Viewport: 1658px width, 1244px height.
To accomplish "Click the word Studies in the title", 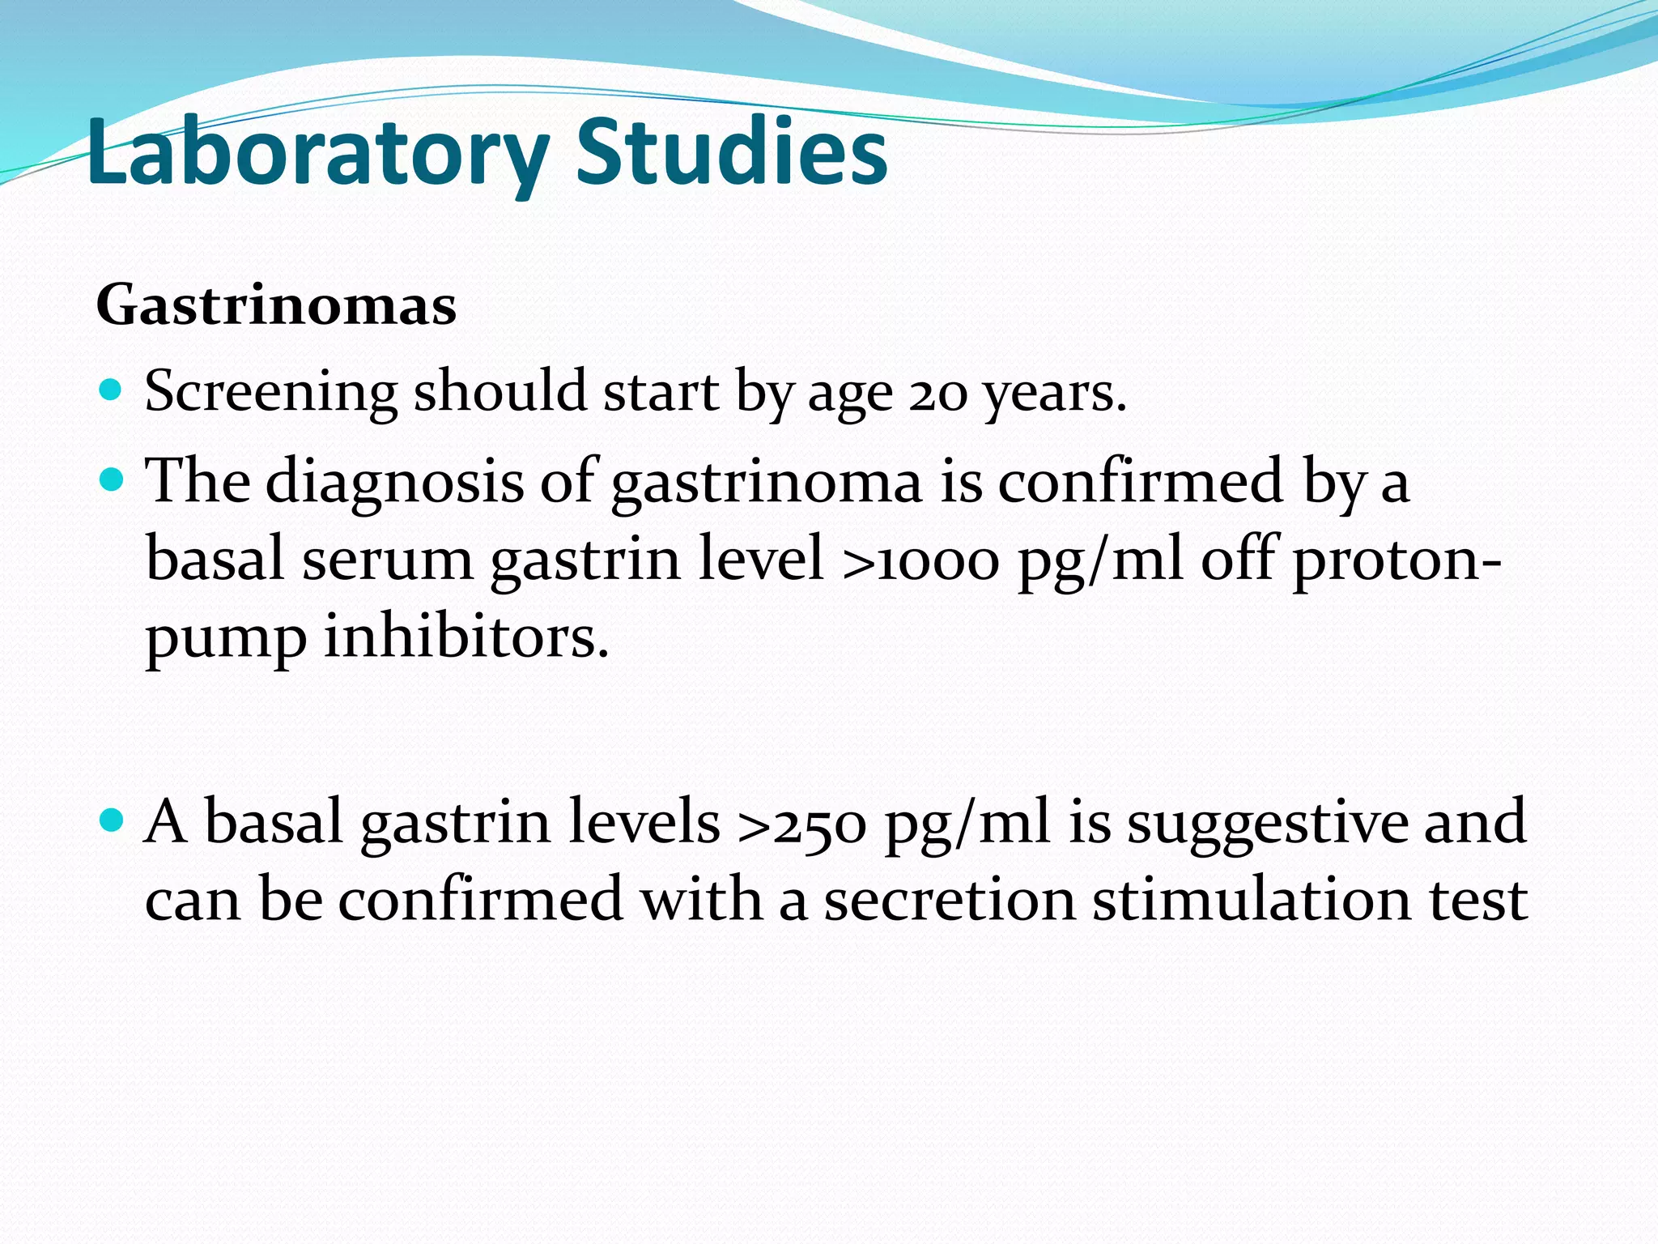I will click(731, 152).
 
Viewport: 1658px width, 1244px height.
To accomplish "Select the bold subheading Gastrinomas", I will click(276, 306).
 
